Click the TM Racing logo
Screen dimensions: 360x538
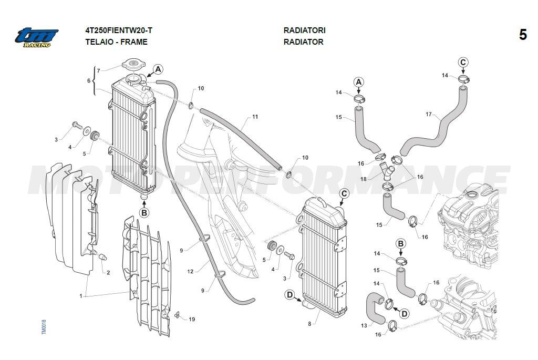click(x=36, y=37)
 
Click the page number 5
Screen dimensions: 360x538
click(x=523, y=35)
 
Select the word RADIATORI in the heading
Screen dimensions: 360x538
click(x=304, y=30)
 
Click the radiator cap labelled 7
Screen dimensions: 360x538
click(x=133, y=66)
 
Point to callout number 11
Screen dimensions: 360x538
click(x=255, y=117)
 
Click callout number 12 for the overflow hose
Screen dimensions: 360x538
click(x=190, y=272)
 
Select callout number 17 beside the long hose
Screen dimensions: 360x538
click(x=428, y=114)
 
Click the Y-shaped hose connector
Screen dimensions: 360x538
click(x=388, y=171)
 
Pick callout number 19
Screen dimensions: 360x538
click(x=192, y=320)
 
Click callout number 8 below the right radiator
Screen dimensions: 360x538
click(x=309, y=323)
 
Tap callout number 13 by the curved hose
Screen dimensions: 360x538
click(x=364, y=326)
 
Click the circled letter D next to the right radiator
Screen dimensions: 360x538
click(x=289, y=295)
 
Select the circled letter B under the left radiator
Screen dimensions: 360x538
click(x=144, y=212)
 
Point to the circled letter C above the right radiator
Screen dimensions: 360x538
click(x=344, y=193)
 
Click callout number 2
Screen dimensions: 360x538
click(x=108, y=272)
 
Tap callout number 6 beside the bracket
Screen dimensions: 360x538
click(x=89, y=80)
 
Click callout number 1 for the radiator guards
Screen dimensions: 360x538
click(x=81, y=296)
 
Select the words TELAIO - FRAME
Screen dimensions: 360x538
click(x=116, y=42)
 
